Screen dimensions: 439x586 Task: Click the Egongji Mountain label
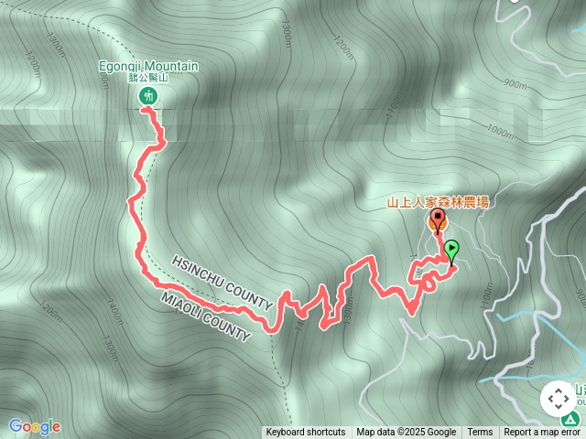tap(148, 66)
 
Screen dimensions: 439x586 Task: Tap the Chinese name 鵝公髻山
tap(148, 79)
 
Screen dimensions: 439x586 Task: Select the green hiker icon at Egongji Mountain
tap(148, 96)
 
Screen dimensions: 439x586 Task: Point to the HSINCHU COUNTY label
tap(222, 282)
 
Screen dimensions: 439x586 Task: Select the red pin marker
tap(437, 220)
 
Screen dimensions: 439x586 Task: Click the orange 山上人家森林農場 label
tap(438, 202)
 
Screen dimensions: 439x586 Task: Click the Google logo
tap(34, 426)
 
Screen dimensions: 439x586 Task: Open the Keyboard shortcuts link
tap(306, 433)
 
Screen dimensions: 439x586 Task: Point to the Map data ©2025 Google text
tap(407, 433)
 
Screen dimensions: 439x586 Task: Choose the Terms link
tap(480, 433)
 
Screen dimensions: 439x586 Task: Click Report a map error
tap(544, 433)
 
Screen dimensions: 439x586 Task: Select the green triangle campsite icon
tap(570, 420)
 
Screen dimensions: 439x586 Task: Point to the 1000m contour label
tap(501, 132)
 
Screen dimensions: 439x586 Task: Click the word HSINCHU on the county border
tap(198, 272)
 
